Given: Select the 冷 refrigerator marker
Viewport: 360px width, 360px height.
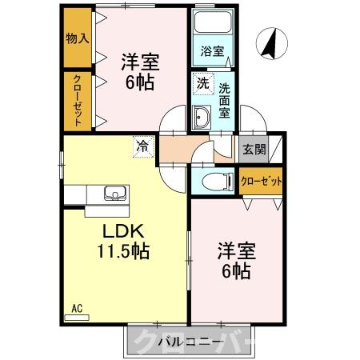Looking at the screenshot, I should (142, 146).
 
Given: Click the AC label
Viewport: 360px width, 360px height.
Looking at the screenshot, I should (77, 308).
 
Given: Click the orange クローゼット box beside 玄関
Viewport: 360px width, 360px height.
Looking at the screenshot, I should (262, 181).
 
